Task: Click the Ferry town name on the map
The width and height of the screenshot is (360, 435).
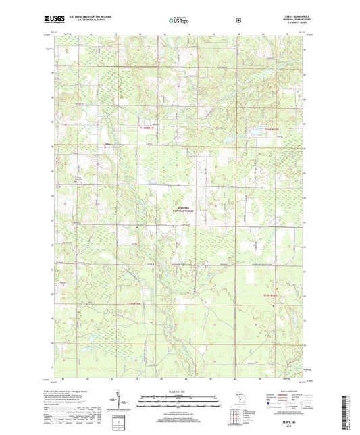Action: coord(107,143)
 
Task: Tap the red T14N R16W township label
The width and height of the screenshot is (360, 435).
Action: coord(149,127)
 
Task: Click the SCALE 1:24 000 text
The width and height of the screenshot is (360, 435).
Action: coord(179,392)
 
